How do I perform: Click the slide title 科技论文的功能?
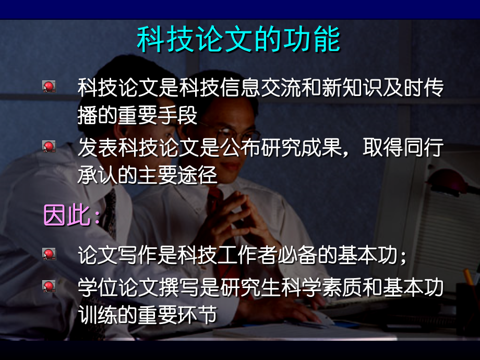[238, 40]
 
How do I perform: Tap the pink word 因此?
[67, 215]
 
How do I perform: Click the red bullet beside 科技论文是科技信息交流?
[49, 87]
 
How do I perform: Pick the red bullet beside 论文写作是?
[49, 255]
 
